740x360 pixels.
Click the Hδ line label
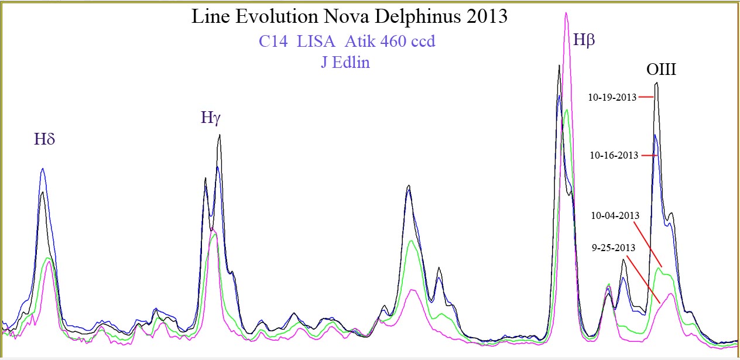(44, 139)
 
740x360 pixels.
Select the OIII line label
(661, 70)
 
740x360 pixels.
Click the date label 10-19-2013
(612, 98)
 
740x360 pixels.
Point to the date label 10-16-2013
(614, 155)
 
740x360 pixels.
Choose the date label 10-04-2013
(615, 215)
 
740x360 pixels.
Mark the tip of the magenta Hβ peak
(566, 13)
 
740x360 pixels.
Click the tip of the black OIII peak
(657, 83)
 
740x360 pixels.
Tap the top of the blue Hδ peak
(43, 169)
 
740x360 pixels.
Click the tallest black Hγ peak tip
(220, 135)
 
